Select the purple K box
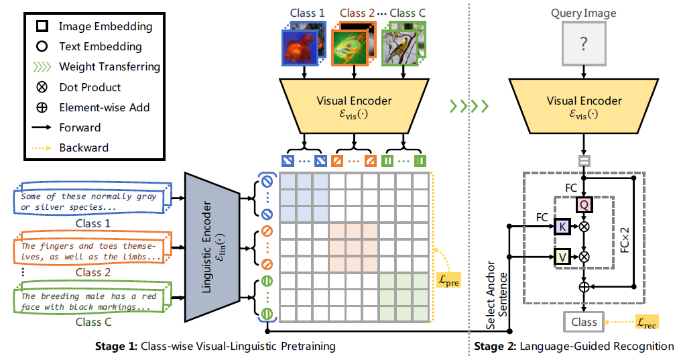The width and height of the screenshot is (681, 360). (x=562, y=227)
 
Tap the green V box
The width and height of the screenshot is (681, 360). (x=562, y=255)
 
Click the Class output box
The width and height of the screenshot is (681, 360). (x=584, y=322)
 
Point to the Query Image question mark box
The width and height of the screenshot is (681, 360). (x=584, y=44)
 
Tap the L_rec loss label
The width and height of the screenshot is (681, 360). (x=646, y=322)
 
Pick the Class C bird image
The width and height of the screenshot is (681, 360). (x=401, y=47)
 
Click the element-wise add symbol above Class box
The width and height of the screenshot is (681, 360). (x=584, y=286)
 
